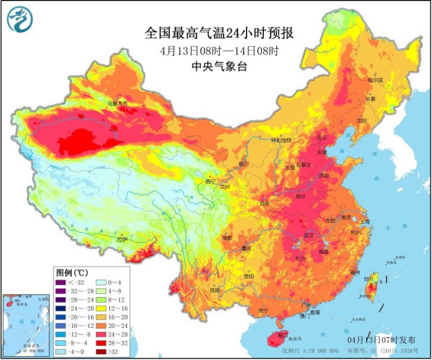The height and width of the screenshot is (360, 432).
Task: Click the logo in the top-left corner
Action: coord(20,19)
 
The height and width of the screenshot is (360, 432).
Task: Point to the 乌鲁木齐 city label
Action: coord(116,103)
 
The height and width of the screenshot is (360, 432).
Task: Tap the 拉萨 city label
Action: coord(121,239)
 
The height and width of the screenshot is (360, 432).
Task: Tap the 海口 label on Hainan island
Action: coord(275,336)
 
